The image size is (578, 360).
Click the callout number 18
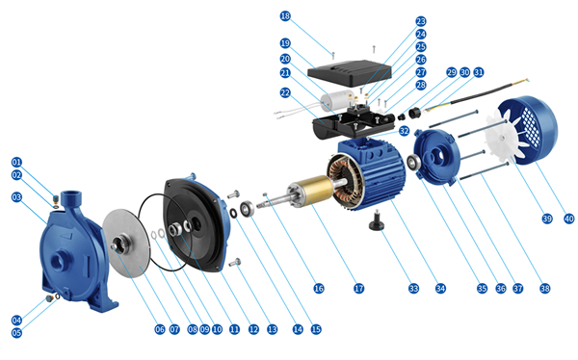(285, 16)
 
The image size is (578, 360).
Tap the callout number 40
(568, 219)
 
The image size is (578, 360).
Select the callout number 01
(16, 162)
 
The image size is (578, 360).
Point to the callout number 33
(413, 288)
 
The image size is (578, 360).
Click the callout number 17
(358, 288)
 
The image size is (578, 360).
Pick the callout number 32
(404, 131)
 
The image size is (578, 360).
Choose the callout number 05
(16, 333)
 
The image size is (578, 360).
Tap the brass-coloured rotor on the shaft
(315, 191)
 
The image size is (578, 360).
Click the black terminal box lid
(349, 73)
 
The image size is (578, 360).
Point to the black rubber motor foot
(377, 220)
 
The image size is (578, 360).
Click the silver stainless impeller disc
(126, 243)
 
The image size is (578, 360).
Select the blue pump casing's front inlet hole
(59, 263)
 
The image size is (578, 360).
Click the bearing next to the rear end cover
(412, 162)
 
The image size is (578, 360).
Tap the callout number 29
(452, 72)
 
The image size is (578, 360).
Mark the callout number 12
(253, 329)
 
